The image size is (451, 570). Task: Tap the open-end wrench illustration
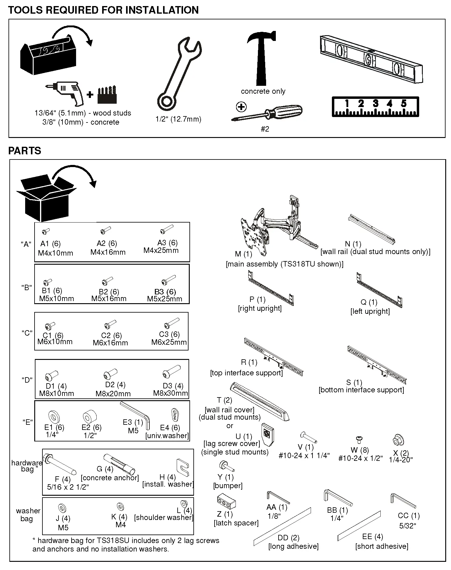pos(179,74)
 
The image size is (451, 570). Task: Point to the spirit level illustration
pos(371,59)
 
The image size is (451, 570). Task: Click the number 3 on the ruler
pos(376,104)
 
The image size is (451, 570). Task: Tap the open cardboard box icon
pos(45,197)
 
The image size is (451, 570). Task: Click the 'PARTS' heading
pos(25,151)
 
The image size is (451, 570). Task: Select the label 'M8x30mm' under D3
pos(170,393)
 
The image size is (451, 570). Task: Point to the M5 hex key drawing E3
pos(135,414)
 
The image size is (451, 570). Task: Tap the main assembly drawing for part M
pos(276,226)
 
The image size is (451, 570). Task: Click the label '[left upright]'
pos(370,311)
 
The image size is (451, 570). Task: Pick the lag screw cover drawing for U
pos(268,434)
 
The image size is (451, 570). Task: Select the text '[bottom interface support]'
pos(361,390)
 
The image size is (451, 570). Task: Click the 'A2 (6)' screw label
pos(107,243)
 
